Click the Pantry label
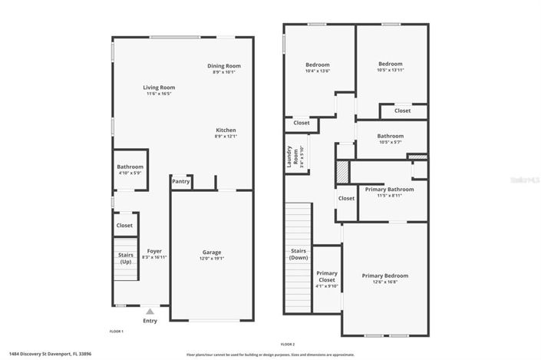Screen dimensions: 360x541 coord(181,182)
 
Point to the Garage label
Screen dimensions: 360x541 coord(212,253)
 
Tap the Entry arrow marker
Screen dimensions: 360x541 coord(150,312)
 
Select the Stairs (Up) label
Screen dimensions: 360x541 coord(126,258)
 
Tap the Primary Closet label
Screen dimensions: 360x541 coord(327,279)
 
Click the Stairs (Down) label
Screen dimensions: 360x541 coord(299,254)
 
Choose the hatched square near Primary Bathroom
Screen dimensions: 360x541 coord(341,171)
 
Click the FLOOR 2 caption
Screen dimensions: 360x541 coord(287,345)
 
